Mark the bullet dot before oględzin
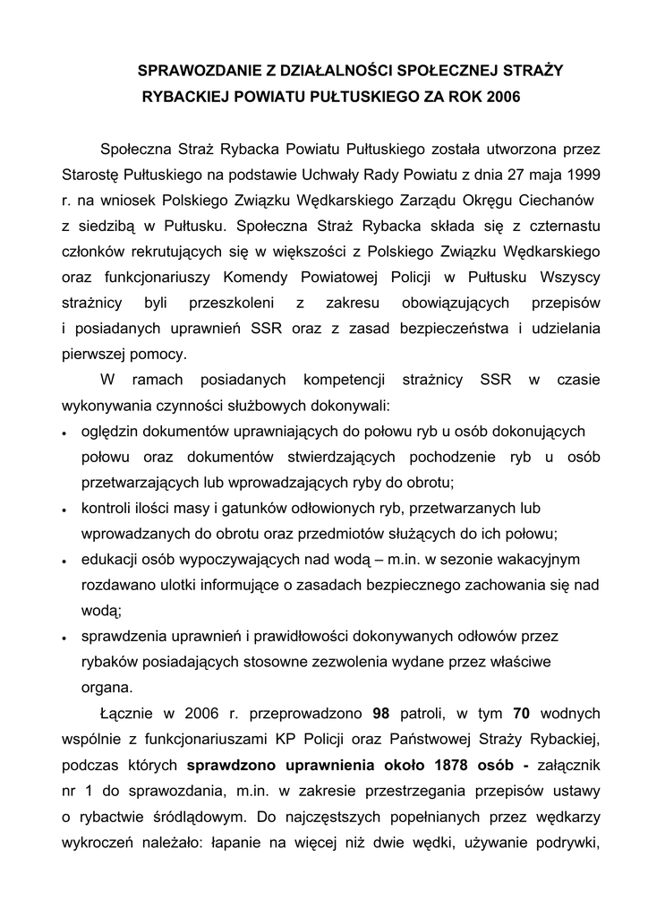coord(65,433)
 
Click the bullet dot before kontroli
coord(65,510)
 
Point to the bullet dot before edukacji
coord(65,561)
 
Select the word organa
coord(107,688)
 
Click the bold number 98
coord(380,714)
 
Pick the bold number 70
coord(522,714)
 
